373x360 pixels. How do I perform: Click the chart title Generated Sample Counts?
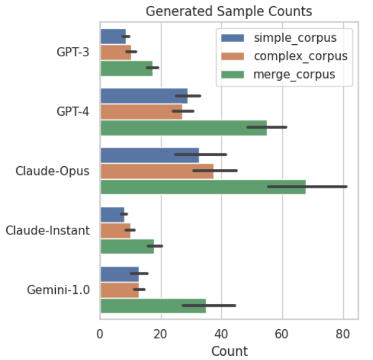(x=229, y=11)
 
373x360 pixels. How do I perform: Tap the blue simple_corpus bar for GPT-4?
(x=143, y=96)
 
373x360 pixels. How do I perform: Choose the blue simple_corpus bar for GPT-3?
(x=113, y=36)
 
